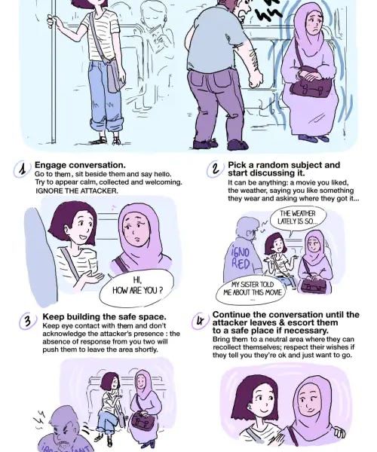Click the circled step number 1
coord(22,169)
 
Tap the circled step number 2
coord(215,169)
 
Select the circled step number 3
coord(28,321)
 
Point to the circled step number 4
coord(200,322)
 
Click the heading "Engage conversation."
coord(80,165)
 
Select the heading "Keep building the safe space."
coord(104,316)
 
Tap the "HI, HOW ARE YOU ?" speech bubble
coord(137,286)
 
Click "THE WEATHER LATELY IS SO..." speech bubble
coord(298,218)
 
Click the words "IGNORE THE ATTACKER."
coord(76,191)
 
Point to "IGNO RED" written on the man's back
coord(241,258)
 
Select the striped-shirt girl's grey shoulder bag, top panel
coord(116,75)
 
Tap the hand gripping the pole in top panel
coord(53,21)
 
